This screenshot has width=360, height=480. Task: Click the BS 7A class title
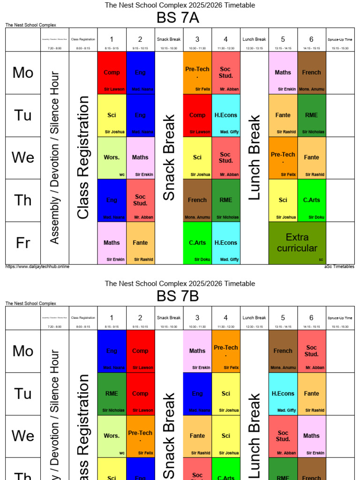click(180, 18)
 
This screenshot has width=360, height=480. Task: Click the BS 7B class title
click(180, 296)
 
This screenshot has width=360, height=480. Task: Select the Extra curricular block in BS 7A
click(297, 243)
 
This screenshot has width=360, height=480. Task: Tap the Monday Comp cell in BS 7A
click(112, 73)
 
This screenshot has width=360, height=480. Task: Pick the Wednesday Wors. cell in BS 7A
click(112, 157)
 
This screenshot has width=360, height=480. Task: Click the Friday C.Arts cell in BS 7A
click(197, 243)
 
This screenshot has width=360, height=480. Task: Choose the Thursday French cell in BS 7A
click(197, 200)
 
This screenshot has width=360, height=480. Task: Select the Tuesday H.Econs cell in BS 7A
click(226, 115)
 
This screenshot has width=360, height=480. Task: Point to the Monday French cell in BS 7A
click(311, 73)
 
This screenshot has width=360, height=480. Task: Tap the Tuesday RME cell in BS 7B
click(112, 394)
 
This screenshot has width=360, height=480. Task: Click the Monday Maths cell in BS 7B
click(197, 351)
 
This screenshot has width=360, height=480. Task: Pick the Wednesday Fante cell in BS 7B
click(197, 436)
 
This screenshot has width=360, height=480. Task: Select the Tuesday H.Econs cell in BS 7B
click(283, 394)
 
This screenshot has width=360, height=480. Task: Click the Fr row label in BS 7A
click(23, 243)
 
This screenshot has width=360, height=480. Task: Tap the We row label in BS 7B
click(23, 436)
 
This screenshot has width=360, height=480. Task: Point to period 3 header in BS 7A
click(197, 39)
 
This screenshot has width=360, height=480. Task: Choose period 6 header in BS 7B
click(311, 318)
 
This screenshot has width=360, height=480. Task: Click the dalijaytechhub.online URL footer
click(37, 267)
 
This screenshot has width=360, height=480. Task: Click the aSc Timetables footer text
click(339, 267)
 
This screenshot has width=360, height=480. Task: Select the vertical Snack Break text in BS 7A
click(169, 157)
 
